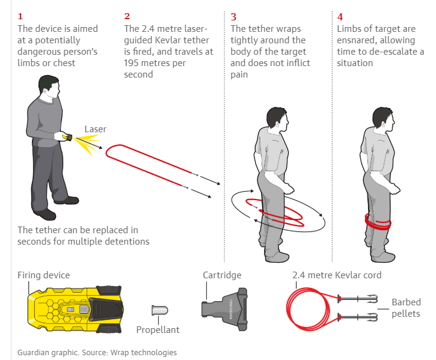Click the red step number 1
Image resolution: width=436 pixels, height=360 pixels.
[x=20, y=16]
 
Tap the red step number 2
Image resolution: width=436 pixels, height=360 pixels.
[x=127, y=16]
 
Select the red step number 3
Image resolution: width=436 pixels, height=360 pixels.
[x=233, y=17]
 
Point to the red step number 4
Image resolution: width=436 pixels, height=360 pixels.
[x=340, y=17]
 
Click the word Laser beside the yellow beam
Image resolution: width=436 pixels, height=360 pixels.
[x=96, y=129]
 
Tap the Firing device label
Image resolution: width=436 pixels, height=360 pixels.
[x=44, y=275]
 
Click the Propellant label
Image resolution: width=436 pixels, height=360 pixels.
[x=158, y=330]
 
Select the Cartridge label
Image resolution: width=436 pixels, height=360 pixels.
[x=222, y=275]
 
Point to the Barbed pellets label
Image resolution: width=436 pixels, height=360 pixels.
[x=406, y=308]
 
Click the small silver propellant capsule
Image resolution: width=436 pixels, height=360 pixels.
[x=159, y=310]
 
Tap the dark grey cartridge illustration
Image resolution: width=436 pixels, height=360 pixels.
[x=224, y=309]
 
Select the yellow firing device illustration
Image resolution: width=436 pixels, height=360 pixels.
[x=75, y=309]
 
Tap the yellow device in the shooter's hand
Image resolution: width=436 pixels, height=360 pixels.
[x=67, y=137]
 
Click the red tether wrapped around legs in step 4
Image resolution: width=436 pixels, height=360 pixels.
[x=378, y=222]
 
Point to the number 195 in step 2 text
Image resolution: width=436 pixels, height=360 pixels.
[x=131, y=63]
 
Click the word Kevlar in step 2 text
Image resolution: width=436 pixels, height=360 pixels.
[x=167, y=40]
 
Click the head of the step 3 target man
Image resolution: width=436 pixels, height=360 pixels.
[x=277, y=119]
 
